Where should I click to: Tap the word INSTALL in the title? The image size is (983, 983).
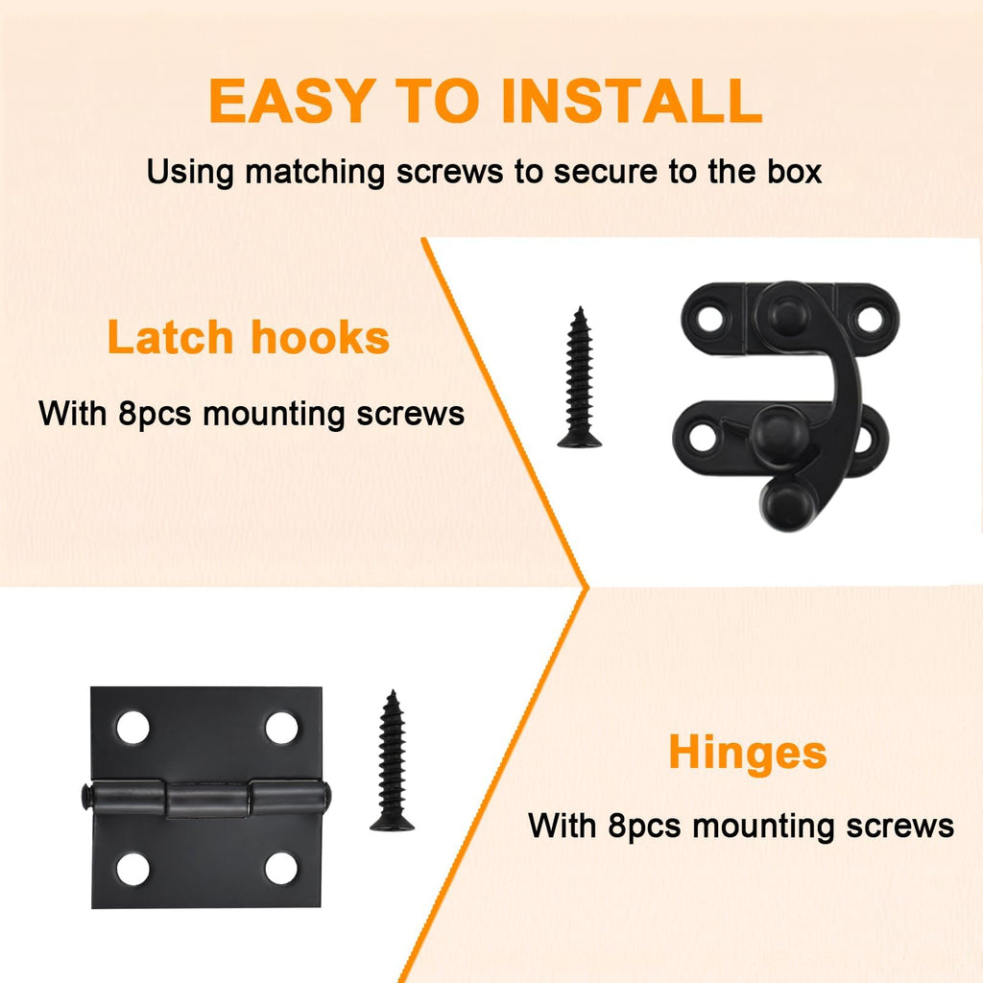pyautogui.click(x=632, y=100)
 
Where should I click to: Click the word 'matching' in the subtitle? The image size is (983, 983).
pyautogui.click(x=315, y=173)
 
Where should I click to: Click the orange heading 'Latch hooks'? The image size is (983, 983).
pyautogui.click(x=249, y=337)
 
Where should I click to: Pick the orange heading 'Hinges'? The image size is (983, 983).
pyautogui.click(x=747, y=753)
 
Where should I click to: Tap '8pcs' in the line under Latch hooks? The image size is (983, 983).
pyautogui.click(x=155, y=415)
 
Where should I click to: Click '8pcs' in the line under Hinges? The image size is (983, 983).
pyautogui.click(x=644, y=827)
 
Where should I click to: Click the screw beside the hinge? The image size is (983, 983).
pyautogui.click(x=392, y=760)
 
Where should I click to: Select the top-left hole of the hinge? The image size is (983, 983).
pyautogui.click(x=132, y=728)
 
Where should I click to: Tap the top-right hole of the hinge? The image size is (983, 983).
pyautogui.click(x=281, y=728)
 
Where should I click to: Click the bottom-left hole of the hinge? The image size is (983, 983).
pyautogui.click(x=132, y=869)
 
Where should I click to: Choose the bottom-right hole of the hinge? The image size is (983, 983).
pyautogui.click(x=281, y=869)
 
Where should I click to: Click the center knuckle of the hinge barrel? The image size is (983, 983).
pyautogui.click(x=207, y=800)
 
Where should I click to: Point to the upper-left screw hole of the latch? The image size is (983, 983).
pyautogui.click(x=709, y=319)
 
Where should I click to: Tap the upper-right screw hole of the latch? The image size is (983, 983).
pyautogui.click(x=870, y=319)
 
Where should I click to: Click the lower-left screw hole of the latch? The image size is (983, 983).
pyautogui.click(x=702, y=437)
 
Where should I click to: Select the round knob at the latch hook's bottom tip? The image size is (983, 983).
pyautogui.click(x=787, y=505)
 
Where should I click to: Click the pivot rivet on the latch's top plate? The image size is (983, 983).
pyautogui.click(x=787, y=314)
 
